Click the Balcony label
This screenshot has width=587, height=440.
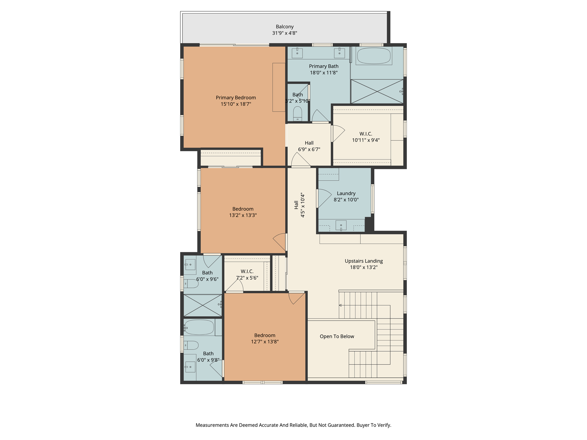(285, 27)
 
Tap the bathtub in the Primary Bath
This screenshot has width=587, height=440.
(374, 56)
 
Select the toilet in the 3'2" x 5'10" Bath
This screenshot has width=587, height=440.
(298, 114)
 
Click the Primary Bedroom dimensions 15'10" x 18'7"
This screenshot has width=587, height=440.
(236, 104)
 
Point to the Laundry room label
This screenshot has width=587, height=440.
(346, 193)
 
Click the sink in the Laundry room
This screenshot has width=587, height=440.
(341, 225)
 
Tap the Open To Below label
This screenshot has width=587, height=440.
(337, 336)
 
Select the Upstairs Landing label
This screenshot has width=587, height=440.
(363, 261)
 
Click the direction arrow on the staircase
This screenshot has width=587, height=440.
(341, 305)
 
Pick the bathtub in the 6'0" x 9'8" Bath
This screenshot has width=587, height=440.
(199, 327)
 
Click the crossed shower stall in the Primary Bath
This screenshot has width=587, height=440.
(377, 91)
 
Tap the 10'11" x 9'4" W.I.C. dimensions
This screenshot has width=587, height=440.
(366, 140)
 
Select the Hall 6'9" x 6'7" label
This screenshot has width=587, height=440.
(309, 143)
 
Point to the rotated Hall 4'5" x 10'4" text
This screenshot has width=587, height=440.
(300, 205)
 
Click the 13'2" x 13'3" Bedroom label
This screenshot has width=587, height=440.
(243, 209)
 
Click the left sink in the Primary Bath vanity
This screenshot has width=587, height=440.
(297, 53)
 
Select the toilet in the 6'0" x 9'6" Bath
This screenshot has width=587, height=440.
(191, 284)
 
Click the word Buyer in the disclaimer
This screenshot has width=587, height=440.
(363, 425)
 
